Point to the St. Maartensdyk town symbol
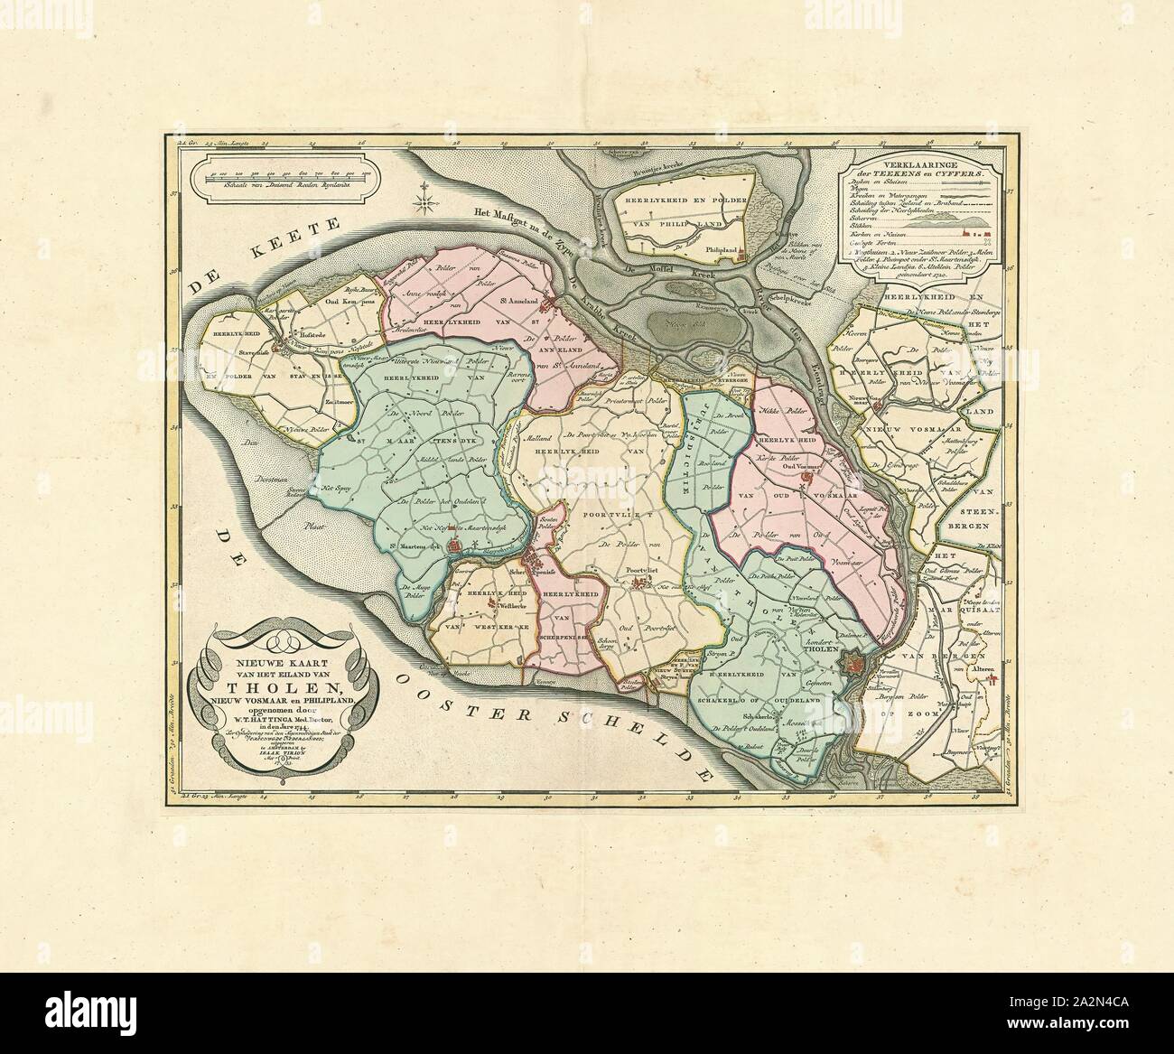456,546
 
